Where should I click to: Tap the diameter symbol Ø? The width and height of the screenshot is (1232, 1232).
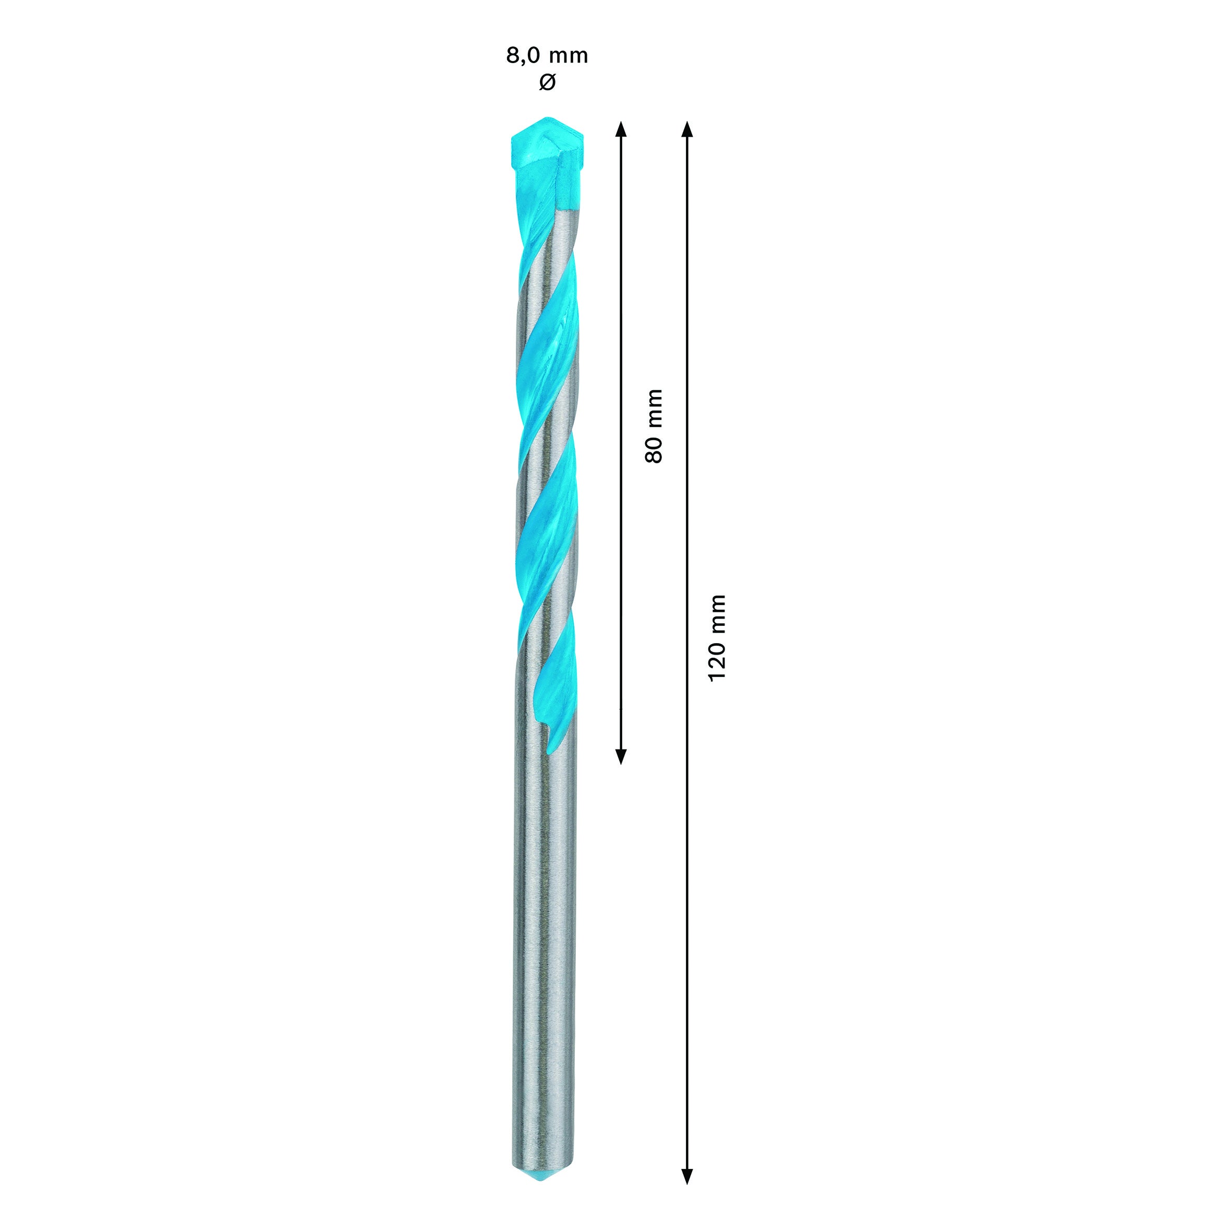click(547, 82)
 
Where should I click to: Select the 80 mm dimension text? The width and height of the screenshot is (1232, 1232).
click(654, 426)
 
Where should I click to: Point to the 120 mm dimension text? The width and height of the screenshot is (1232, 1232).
click(717, 638)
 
